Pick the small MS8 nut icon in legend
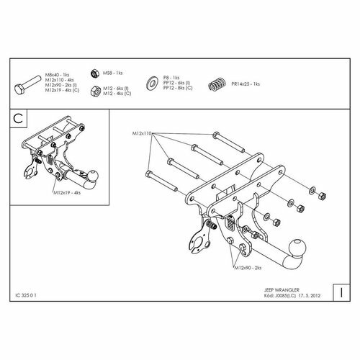point(95,73)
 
